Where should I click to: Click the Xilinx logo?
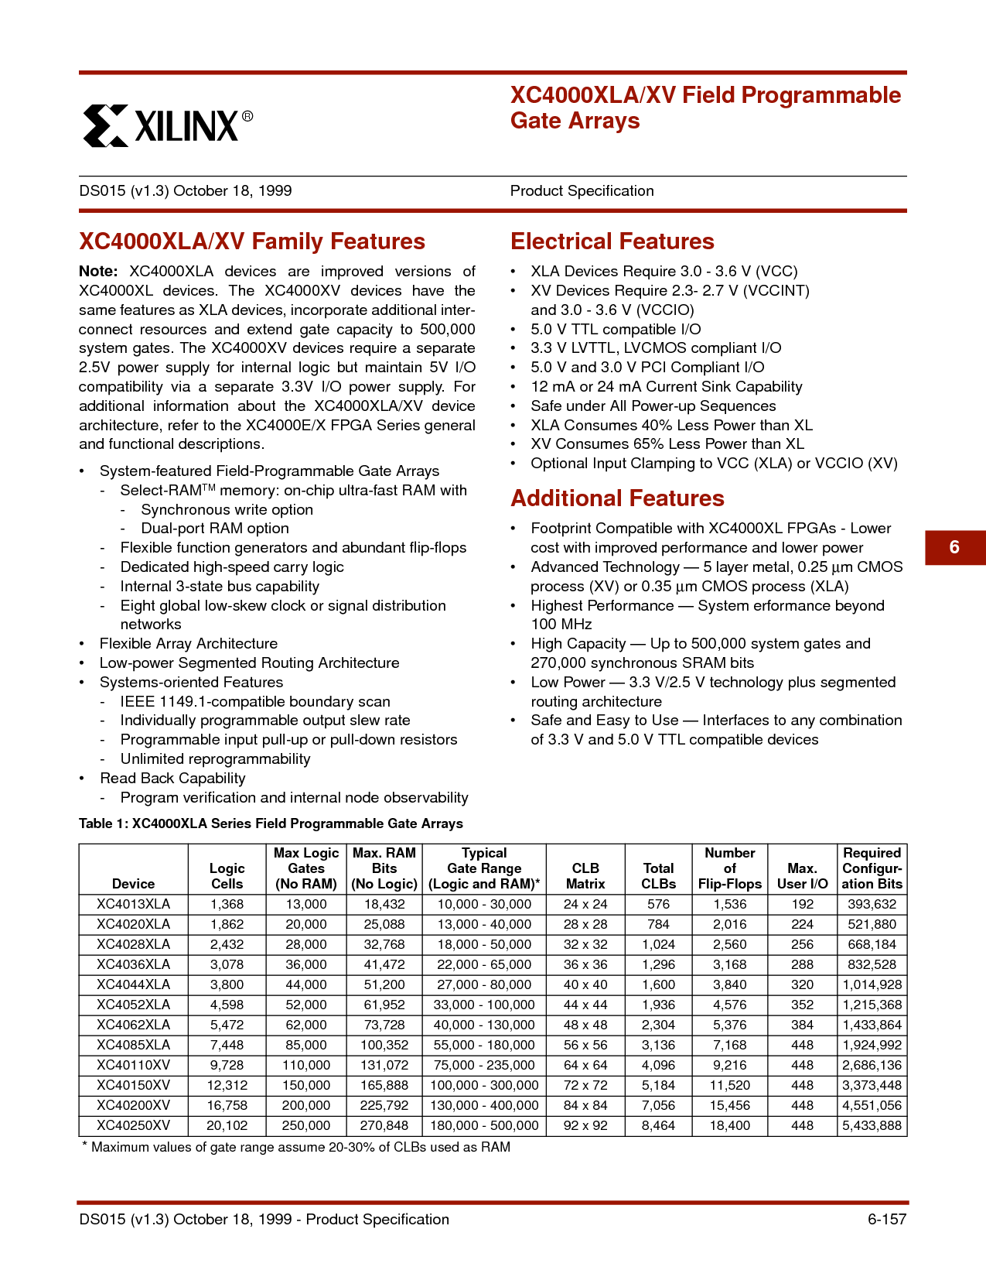pos(167,125)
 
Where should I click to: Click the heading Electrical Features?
pos(612,241)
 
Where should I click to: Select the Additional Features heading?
pos(617,498)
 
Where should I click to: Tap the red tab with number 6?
pos(954,547)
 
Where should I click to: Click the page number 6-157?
pos(886,1219)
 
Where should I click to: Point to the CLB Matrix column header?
pos(585,876)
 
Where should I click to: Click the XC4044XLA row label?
pos(133,984)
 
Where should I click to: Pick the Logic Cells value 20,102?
pos(227,1125)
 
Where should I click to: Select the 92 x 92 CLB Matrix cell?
pos(585,1125)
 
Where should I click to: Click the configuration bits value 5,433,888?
pos(872,1125)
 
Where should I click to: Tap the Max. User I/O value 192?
pos(802,904)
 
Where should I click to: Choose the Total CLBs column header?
pos(658,876)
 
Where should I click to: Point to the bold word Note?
pos(98,272)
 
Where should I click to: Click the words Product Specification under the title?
pos(582,191)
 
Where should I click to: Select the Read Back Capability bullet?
pos(172,779)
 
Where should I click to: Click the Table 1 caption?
pos(271,823)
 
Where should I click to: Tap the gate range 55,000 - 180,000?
pos(484,1045)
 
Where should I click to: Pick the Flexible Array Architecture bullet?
pos(188,644)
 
